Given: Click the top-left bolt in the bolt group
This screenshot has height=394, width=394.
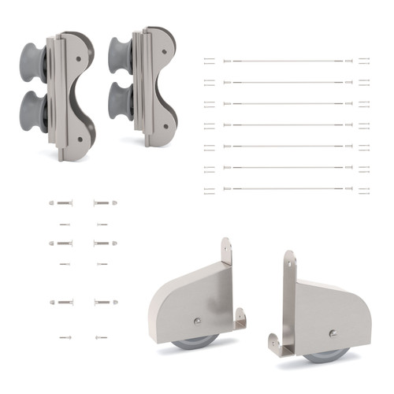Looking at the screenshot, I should coord(63,203).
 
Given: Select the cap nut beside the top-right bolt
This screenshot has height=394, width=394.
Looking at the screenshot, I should coord(114,203).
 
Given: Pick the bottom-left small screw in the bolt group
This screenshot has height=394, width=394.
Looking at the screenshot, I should coord(65,337).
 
